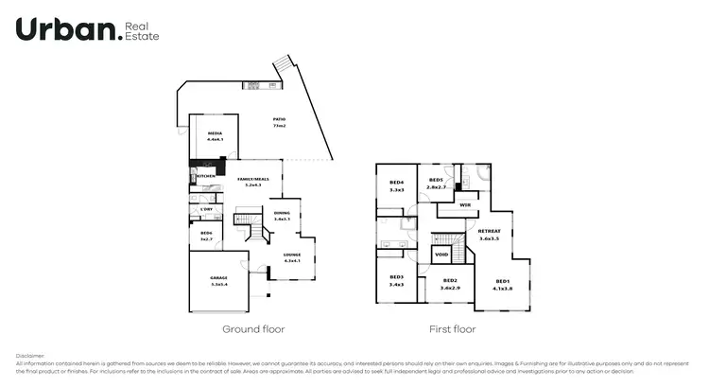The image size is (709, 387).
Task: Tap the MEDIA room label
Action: click(x=216, y=134)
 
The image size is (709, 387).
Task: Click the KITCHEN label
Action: click(x=206, y=176)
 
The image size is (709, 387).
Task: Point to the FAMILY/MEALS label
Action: click(x=252, y=179)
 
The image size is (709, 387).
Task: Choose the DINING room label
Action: click(x=282, y=213)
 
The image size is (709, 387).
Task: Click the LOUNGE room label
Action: click(x=292, y=255)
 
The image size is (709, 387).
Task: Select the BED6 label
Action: click(x=206, y=232)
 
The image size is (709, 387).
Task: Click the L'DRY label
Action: click(x=206, y=208)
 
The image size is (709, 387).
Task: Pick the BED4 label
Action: click(x=396, y=183)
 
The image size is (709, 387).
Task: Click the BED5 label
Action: click(x=436, y=180)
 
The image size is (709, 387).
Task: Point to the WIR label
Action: click(x=464, y=204)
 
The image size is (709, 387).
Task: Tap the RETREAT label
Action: click(x=489, y=232)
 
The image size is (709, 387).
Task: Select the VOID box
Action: click(x=441, y=255)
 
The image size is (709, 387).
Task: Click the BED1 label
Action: click(x=503, y=281)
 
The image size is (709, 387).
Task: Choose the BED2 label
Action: click(x=450, y=281)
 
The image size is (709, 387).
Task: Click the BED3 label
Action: click(x=396, y=277)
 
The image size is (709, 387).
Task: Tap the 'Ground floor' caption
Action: click(x=253, y=329)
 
